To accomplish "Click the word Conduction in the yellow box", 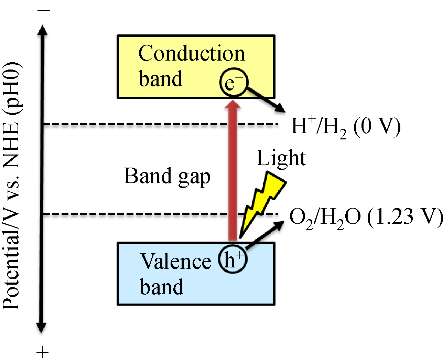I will tap(192, 54).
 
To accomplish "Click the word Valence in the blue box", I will tap(175, 261).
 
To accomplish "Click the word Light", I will tap(281, 159).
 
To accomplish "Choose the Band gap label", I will tap(167, 177).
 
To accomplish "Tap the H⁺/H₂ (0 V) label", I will tap(346, 127).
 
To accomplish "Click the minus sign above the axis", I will tap(44, 10).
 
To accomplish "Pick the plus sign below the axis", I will tap(43, 352).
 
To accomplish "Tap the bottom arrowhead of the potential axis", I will tap(41, 327).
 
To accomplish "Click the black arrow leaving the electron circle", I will tap(267, 100).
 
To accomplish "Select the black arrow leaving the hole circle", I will tap(265, 234).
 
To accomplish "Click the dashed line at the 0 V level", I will tap(138, 124).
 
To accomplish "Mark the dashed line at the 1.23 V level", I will tap(138, 214).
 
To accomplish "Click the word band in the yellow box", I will tap(161, 79).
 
